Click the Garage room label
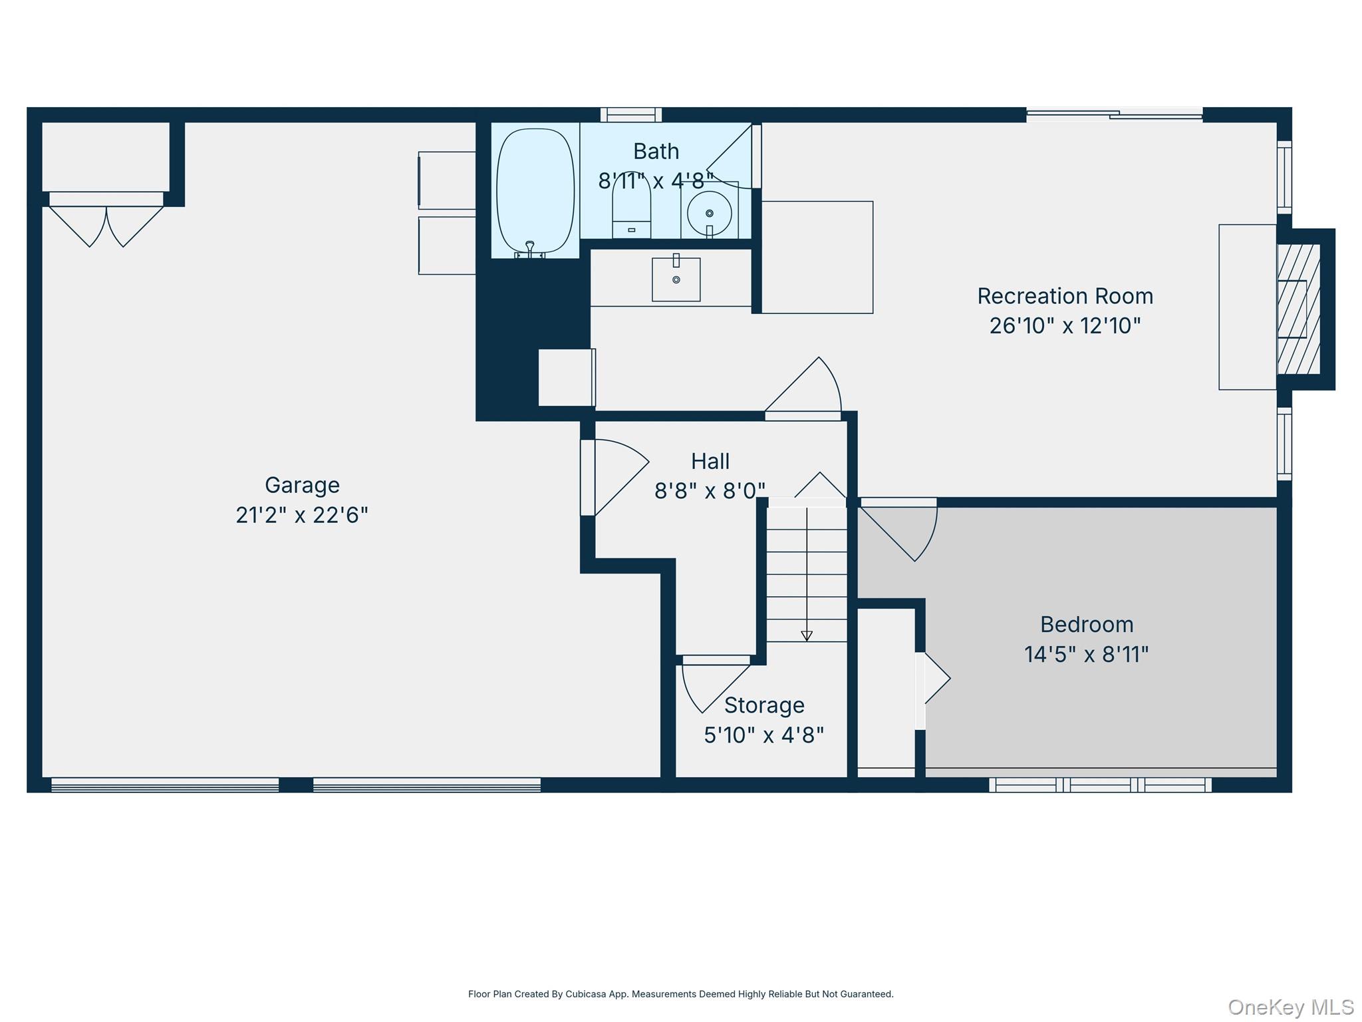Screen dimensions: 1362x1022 (302, 485)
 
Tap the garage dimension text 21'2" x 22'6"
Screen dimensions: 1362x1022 (302, 515)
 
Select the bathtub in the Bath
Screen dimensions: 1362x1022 (535, 192)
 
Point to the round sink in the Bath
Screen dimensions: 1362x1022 (710, 214)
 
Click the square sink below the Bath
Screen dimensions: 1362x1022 (676, 279)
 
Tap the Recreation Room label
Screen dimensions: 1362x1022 (1065, 296)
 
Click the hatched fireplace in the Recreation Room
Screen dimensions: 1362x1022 (1298, 309)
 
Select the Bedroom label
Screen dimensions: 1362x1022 (1087, 625)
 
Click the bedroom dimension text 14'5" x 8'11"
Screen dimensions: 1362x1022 (1087, 655)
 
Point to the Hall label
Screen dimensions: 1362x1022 (710, 461)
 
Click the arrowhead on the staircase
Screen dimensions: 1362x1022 (807, 636)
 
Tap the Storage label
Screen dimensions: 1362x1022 (764, 705)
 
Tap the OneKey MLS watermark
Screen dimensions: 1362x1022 (1291, 1007)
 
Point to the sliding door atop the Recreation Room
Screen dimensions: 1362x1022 (1115, 114)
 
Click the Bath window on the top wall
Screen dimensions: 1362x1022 (631, 114)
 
